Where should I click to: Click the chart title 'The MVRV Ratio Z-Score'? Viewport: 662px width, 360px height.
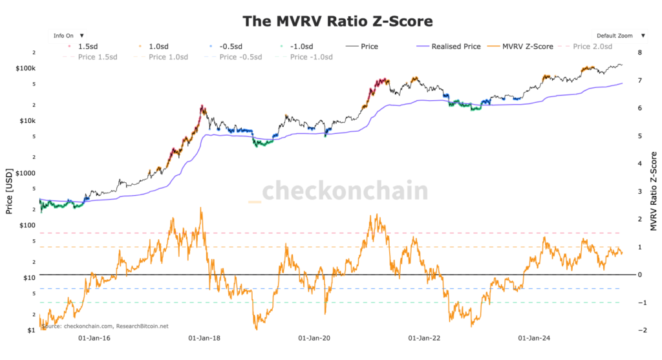coord(337,21)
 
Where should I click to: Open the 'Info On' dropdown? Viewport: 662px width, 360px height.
coord(68,35)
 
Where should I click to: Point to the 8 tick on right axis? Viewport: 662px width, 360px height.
coord(639,52)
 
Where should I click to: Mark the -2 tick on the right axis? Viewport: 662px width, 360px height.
coord(638,330)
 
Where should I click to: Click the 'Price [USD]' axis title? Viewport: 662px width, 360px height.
coord(9,191)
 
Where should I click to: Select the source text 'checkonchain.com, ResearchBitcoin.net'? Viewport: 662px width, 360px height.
coord(104,326)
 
